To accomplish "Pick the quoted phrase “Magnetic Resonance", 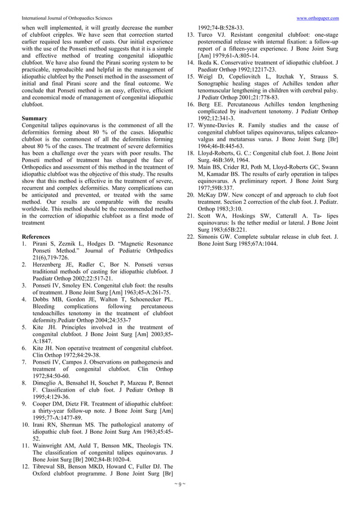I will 136,244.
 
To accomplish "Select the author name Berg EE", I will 208,104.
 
